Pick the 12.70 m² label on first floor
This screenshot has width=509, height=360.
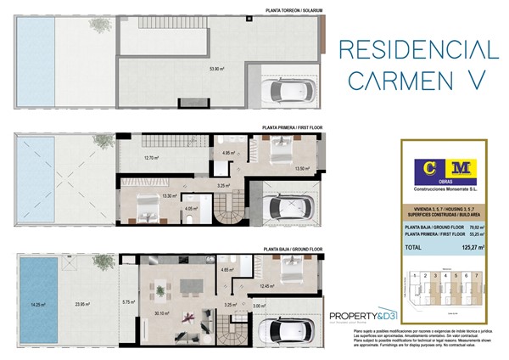(151, 157)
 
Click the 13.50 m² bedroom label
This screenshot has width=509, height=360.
(300, 169)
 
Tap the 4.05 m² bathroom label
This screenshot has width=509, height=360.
(191, 207)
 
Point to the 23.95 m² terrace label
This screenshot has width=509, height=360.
(82, 304)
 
